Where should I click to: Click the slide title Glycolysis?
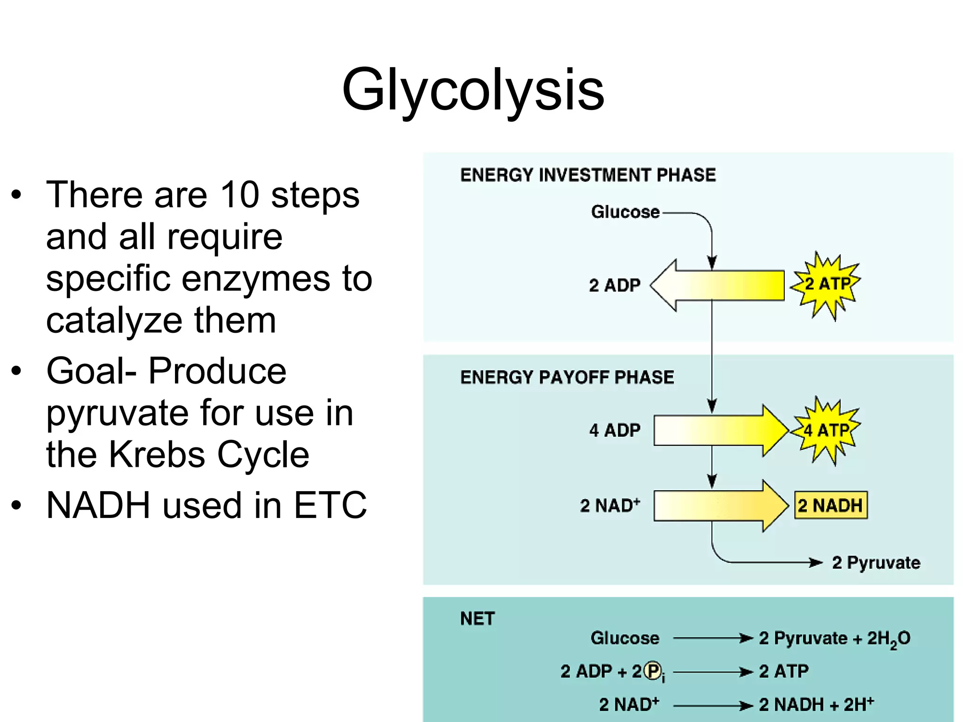pyautogui.click(x=473, y=89)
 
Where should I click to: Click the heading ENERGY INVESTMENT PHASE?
pyautogui.click(x=588, y=175)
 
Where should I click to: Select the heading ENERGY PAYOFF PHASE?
pyautogui.click(x=567, y=377)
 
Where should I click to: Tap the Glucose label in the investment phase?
pyautogui.click(x=625, y=212)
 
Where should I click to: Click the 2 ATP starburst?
pyautogui.click(x=827, y=284)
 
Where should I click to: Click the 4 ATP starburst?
pyautogui.click(x=826, y=430)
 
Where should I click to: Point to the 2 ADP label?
pyautogui.click(x=615, y=285)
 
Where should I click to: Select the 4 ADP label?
pyautogui.click(x=615, y=431)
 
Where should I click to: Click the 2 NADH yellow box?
pyautogui.click(x=830, y=506)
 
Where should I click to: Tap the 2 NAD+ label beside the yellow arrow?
pyautogui.click(x=610, y=506)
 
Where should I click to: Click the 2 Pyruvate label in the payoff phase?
pyautogui.click(x=876, y=563)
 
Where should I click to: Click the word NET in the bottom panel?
pyautogui.click(x=477, y=619)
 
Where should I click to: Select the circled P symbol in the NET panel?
pyautogui.click(x=652, y=671)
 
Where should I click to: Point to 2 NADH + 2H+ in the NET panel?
pyautogui.click(x=816, y=705)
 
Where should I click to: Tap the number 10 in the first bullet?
pyautogui.click(x=239, y=195)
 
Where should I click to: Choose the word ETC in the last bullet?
pyautogui.click(x=330, y=505)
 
